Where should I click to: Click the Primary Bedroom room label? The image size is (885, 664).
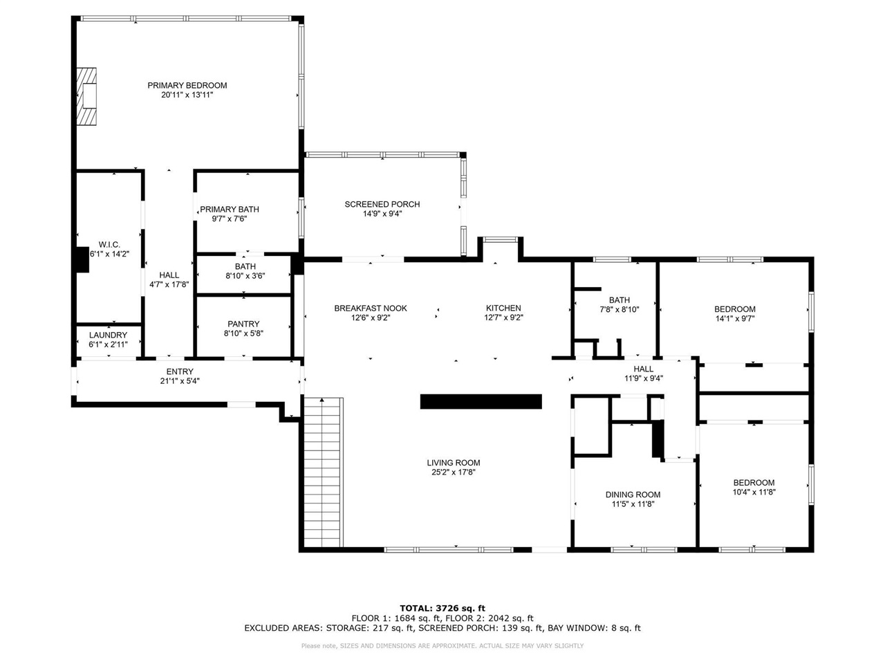click(187, 86)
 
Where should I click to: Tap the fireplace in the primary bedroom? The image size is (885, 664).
click(86, 96)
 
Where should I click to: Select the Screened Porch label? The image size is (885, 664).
click(382, 205)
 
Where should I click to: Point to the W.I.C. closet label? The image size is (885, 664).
click(109, 245)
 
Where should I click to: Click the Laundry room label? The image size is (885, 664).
click(108, 335)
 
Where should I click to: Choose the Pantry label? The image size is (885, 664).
click(243, 324)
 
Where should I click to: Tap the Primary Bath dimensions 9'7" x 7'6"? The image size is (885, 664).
click(230, 219)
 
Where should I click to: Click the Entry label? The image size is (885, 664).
click(180, 371)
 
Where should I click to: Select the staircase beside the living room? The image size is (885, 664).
click(323, 472)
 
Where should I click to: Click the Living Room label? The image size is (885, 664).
click(454, 463)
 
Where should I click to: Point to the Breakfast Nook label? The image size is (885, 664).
click(371, 308)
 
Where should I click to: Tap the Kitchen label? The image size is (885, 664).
click(503, 308)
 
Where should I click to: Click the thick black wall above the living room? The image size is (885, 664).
click(481, 402)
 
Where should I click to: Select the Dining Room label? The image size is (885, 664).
click(633, 495)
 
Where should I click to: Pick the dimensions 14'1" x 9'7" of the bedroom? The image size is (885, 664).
click(735, 318)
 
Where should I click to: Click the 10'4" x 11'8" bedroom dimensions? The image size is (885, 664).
click(754, 492)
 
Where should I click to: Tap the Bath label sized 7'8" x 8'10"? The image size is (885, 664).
click(619, 300)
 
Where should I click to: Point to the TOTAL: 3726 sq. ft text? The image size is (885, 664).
click(442, 609)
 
